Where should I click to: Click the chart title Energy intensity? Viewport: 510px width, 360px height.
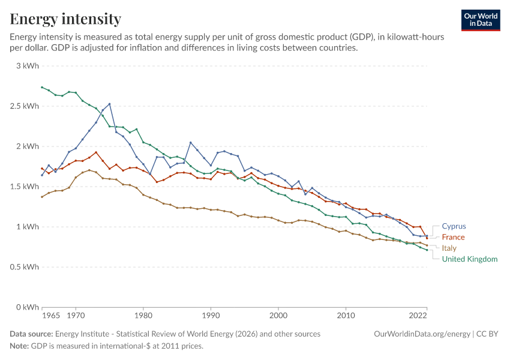[x=65, y=19]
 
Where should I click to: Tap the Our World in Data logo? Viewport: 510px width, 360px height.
[x=481, y=20]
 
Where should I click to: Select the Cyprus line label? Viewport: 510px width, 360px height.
[x=454, y=226]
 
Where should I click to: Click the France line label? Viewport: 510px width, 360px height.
[x=453, y=237]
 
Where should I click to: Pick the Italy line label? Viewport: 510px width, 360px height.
[x=449, y=248]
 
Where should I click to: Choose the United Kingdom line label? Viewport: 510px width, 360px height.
[x=470, y=259]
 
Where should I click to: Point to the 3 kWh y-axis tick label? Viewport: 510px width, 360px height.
[x=28, y=65]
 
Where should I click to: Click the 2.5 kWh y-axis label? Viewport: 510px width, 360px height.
[x=25, y=106]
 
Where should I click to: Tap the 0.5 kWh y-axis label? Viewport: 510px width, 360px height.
[x=25, y=267]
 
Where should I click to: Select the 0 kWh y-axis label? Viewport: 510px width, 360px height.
[x=28, y=307]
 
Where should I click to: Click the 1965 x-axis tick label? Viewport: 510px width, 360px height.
[x=51, y=316]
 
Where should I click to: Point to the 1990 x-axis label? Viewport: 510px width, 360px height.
[x=211, y=316]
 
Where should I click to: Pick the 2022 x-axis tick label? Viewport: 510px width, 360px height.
[x=418, y=316]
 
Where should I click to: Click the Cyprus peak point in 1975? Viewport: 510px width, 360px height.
[x=110, y=104]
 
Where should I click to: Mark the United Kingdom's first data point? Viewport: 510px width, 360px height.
[x=42, y=87]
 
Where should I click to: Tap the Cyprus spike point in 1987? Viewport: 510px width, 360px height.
[x=191, y=142]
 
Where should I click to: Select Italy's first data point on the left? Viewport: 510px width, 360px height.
[x=42, y=197]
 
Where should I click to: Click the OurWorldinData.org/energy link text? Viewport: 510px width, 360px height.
[x=422, y=334]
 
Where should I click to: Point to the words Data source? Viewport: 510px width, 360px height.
[x=31, y=334]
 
